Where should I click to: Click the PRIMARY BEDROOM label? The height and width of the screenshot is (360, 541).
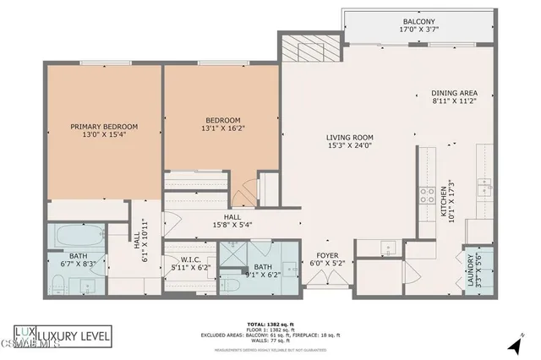click(x=104, y=127)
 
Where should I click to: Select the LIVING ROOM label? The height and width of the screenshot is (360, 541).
click(x=350, y=138)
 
